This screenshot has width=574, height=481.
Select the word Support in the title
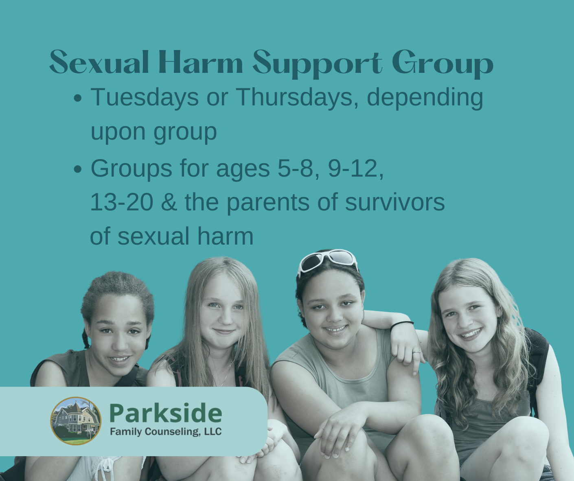pos(318,64)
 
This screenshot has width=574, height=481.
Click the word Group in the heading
pos(443,64)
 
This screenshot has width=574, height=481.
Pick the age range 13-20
pos(121,202)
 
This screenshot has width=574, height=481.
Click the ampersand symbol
pos(169,202)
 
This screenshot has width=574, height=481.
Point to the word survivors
pos(395,202)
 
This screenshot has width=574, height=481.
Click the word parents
pos(268,203)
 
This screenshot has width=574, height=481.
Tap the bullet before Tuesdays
pos(78,98)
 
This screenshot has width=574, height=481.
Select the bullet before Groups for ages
pos(78,169)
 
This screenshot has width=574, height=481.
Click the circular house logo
pos(76,421)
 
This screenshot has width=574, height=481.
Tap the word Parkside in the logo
pos(166,413)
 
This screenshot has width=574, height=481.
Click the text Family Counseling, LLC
pos(166,432)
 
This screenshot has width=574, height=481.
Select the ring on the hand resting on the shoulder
pos(417,352)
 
